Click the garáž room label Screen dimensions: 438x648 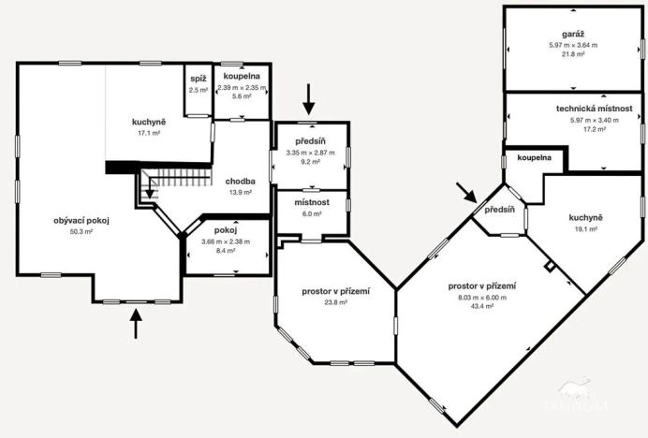[x=566, y=35]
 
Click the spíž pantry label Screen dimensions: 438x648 [x=198, y=80]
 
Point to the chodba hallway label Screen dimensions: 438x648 [x=241, y=181]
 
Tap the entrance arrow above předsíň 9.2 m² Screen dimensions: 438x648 [x=309, y=96]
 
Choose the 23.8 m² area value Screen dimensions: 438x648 [x=334, y=303]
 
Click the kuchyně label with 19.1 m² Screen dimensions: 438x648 [x=585, y=218]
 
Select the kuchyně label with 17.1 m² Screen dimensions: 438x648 [x=148, y=123]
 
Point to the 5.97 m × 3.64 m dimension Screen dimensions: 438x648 [x=566, y=45]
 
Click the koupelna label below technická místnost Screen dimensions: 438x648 [x=534, y=159]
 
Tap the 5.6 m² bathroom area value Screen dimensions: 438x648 [x=241, y=96]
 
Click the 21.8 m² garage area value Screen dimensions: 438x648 [x=566, y=54]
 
